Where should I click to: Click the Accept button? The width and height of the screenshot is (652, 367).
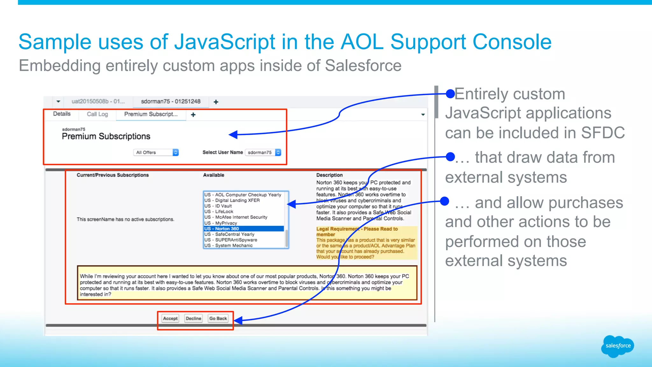coord(170,318)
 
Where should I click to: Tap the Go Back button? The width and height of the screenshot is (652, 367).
coord(218,318)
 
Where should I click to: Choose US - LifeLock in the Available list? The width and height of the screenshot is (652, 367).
coord(224,212)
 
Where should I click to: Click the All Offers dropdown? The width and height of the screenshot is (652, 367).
coord(156,153)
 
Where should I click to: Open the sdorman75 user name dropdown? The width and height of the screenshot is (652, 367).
coord(263,153)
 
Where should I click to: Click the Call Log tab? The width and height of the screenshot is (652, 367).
coord(97,114)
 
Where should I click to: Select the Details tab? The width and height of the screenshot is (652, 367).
coord(62,114)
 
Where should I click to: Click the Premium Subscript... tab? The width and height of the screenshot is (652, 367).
coord(151,114)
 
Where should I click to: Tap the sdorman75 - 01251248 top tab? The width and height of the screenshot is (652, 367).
coord(171,101)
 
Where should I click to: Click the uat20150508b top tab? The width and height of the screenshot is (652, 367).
coord(98,101)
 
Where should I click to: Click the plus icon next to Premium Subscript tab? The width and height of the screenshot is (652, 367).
coord(193,115)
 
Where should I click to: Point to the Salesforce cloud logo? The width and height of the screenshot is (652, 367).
coord(618,346)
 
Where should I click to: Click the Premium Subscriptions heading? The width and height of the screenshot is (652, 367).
coord(106,136)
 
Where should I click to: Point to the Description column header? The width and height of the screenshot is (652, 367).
coord(330,175)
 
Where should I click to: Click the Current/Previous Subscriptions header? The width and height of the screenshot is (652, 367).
coord(113,175)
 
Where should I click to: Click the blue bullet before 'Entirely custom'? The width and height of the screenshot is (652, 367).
coord(450,94)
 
